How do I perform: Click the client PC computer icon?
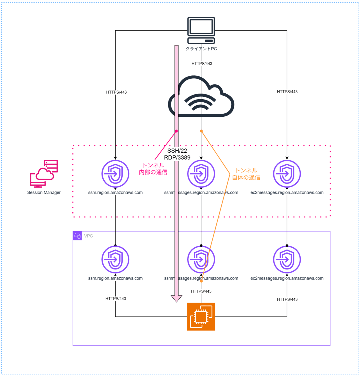coord(201,30)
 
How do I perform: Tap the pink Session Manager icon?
coord(44,174)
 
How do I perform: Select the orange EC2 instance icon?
coord(201,316)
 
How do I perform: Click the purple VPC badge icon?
coord(77,236)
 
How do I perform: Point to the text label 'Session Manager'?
coord(44,193)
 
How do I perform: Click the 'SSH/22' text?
coord(177,151)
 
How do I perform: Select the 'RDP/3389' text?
coord(177,158)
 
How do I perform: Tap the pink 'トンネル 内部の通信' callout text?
coord(153,169)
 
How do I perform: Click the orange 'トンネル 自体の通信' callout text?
coord(246,174)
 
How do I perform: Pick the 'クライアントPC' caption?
coord(201,49)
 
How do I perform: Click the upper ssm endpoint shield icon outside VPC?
coord(115,174)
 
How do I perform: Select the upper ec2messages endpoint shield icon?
coord(287,174)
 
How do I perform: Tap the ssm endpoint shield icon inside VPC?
coord(115,259)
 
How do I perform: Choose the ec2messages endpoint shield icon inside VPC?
coord(287,259)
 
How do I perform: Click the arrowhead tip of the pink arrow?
coord(176,301)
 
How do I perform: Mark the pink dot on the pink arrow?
coord(176,131)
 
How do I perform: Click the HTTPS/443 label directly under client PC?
coord(202,64)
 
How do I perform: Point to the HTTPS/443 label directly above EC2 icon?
coord(201,291)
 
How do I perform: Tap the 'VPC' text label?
coord(88,236)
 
